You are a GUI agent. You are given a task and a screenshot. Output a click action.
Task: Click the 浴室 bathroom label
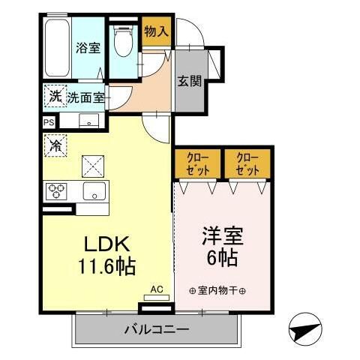point(88,48)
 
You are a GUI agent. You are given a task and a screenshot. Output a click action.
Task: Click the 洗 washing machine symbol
point(55,96)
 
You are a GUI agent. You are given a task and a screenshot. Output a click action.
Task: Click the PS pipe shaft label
point(49,122)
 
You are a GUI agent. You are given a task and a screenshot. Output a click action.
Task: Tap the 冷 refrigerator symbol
point(55,144)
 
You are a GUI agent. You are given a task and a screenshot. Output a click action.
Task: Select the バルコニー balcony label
point(156,328)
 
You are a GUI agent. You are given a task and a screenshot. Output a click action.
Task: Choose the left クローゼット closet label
point(197,163)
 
